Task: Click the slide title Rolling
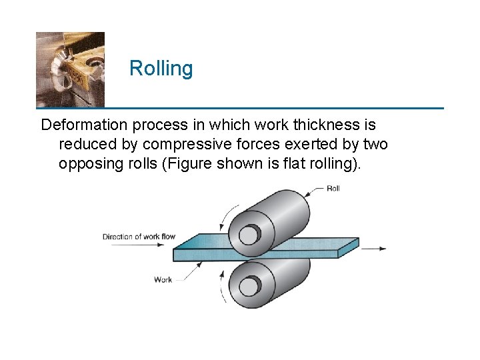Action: (x=161, y=68)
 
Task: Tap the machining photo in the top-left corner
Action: (x=70, y=69)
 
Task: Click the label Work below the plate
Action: (x=163, y=279)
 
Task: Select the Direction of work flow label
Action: (x=139, y=237)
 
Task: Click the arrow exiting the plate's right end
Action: (x=374, y=249)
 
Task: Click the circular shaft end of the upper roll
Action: (x=249, y=235)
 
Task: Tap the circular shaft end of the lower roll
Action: (x=249, y=286)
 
